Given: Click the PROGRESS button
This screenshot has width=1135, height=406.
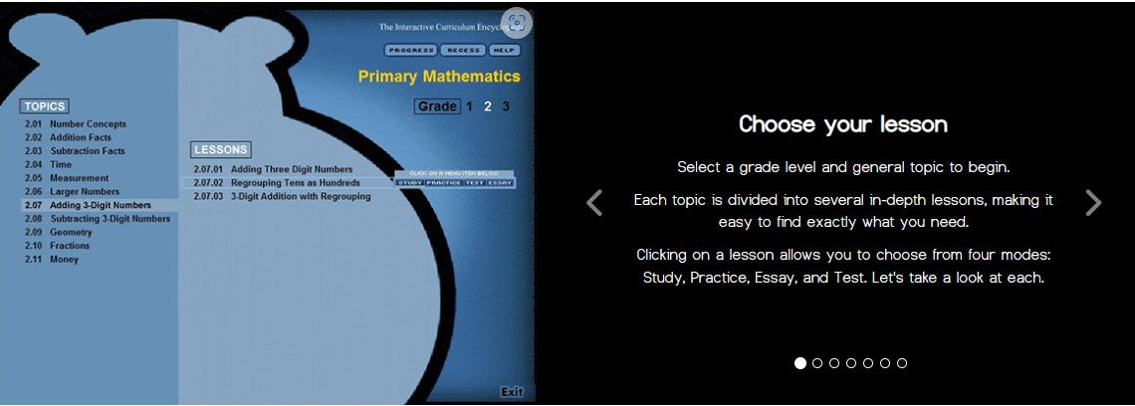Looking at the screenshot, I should coord(410,50).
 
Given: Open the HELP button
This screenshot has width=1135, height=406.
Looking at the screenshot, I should coord(505,50).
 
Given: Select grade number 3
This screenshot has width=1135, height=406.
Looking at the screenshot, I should coord(506,106).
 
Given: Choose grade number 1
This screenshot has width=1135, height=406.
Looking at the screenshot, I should coord(470,106).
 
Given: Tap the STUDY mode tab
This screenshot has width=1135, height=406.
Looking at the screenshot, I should coord(410,183).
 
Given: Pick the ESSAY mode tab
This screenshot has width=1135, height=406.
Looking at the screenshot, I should coord(501,183).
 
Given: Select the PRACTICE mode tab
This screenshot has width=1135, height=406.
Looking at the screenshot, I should coord(443,183).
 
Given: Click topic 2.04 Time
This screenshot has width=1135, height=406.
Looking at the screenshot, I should coord(61,164).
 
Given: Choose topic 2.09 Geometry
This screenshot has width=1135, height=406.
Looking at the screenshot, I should coord(70,232).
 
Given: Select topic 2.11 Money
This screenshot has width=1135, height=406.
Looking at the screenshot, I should coord(64,259).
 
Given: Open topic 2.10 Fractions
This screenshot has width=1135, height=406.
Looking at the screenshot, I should coord(69,246).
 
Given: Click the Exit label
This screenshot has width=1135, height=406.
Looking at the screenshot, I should coord(511,391).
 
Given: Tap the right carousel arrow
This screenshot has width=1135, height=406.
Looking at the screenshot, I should coord(1092,203).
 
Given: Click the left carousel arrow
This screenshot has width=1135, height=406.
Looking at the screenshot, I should coord(594,203).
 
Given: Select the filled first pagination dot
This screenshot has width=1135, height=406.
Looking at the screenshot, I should coord(800,363).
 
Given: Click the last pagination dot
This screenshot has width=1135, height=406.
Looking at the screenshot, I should coord(902,363).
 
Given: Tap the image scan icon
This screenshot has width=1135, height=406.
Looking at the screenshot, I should coord(516,23).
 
